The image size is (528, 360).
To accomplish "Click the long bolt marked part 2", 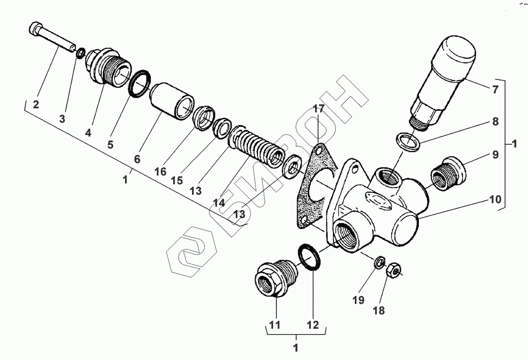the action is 53,36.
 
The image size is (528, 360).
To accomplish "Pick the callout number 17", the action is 318,109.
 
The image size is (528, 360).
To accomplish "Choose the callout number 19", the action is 358,300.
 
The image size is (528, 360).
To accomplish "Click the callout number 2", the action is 36,104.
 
